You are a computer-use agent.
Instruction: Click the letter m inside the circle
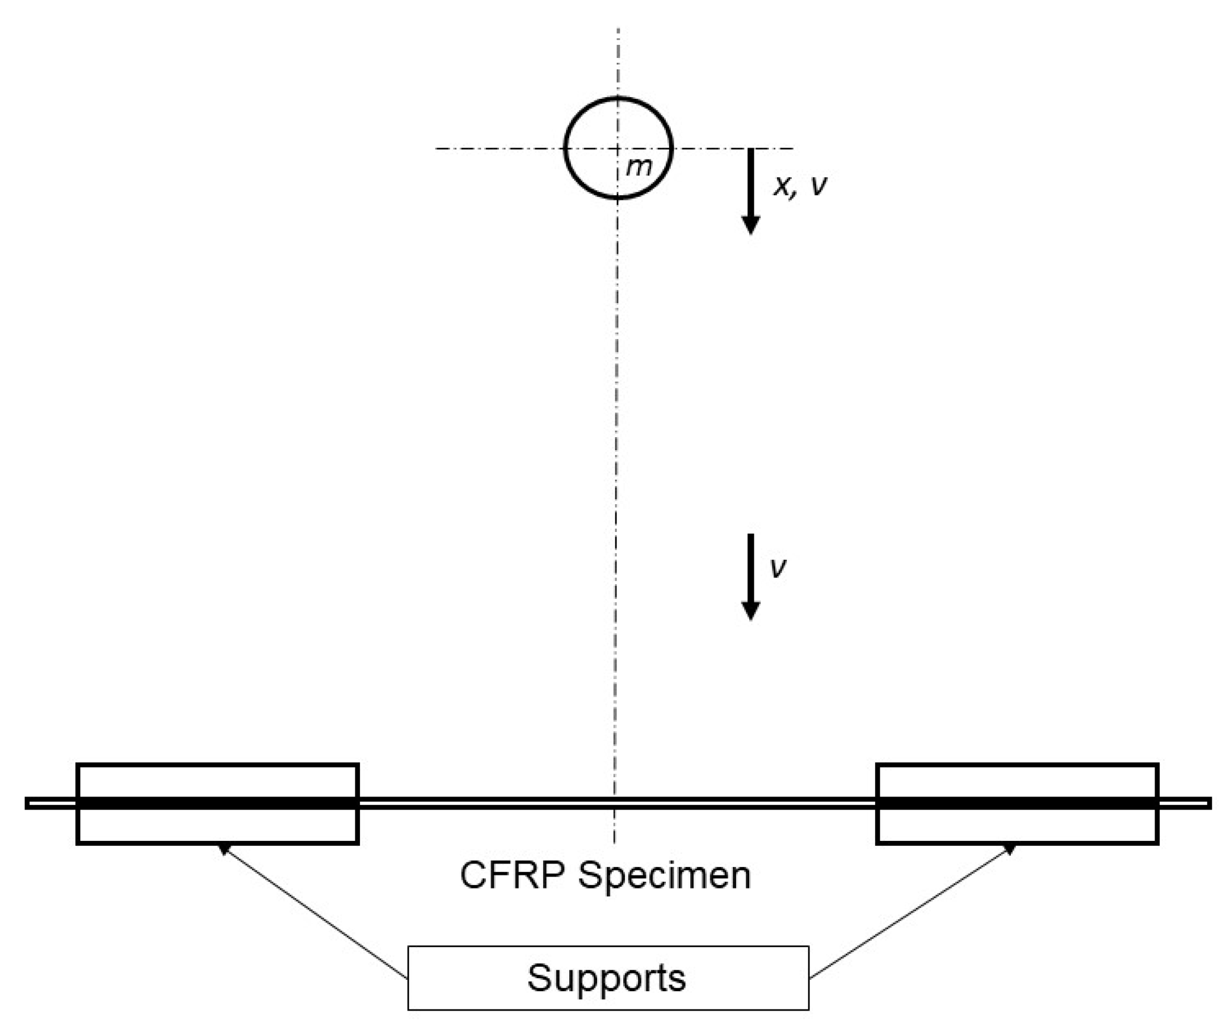[x=638, y=168]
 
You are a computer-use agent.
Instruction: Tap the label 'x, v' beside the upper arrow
[x=800, y=186]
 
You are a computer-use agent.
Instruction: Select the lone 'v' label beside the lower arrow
[x=778, y=566]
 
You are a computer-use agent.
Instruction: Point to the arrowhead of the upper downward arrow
[x=750, y=225]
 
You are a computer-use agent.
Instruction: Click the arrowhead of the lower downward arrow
[x=750, y=610]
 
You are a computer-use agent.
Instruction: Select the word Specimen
[x=664, y=877]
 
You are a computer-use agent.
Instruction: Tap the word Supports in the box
[x=606, y=978]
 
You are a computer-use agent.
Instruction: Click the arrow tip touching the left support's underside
[x=223, y=848]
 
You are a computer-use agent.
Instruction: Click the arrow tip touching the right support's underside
[x=1011, y=848]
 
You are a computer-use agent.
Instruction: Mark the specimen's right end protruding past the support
[x=1185, y=803]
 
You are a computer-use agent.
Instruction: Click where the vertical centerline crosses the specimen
[x=615, y=803]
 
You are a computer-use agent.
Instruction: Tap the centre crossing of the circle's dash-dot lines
[x=618, y=148]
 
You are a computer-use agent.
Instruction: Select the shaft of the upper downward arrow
[x=750, y=182]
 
